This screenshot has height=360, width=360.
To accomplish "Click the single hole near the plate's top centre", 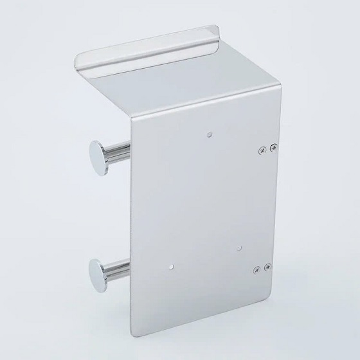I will point(211,135).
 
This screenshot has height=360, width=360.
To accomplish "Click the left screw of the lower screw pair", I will point(258,269).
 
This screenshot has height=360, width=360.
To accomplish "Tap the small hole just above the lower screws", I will point(238,246).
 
